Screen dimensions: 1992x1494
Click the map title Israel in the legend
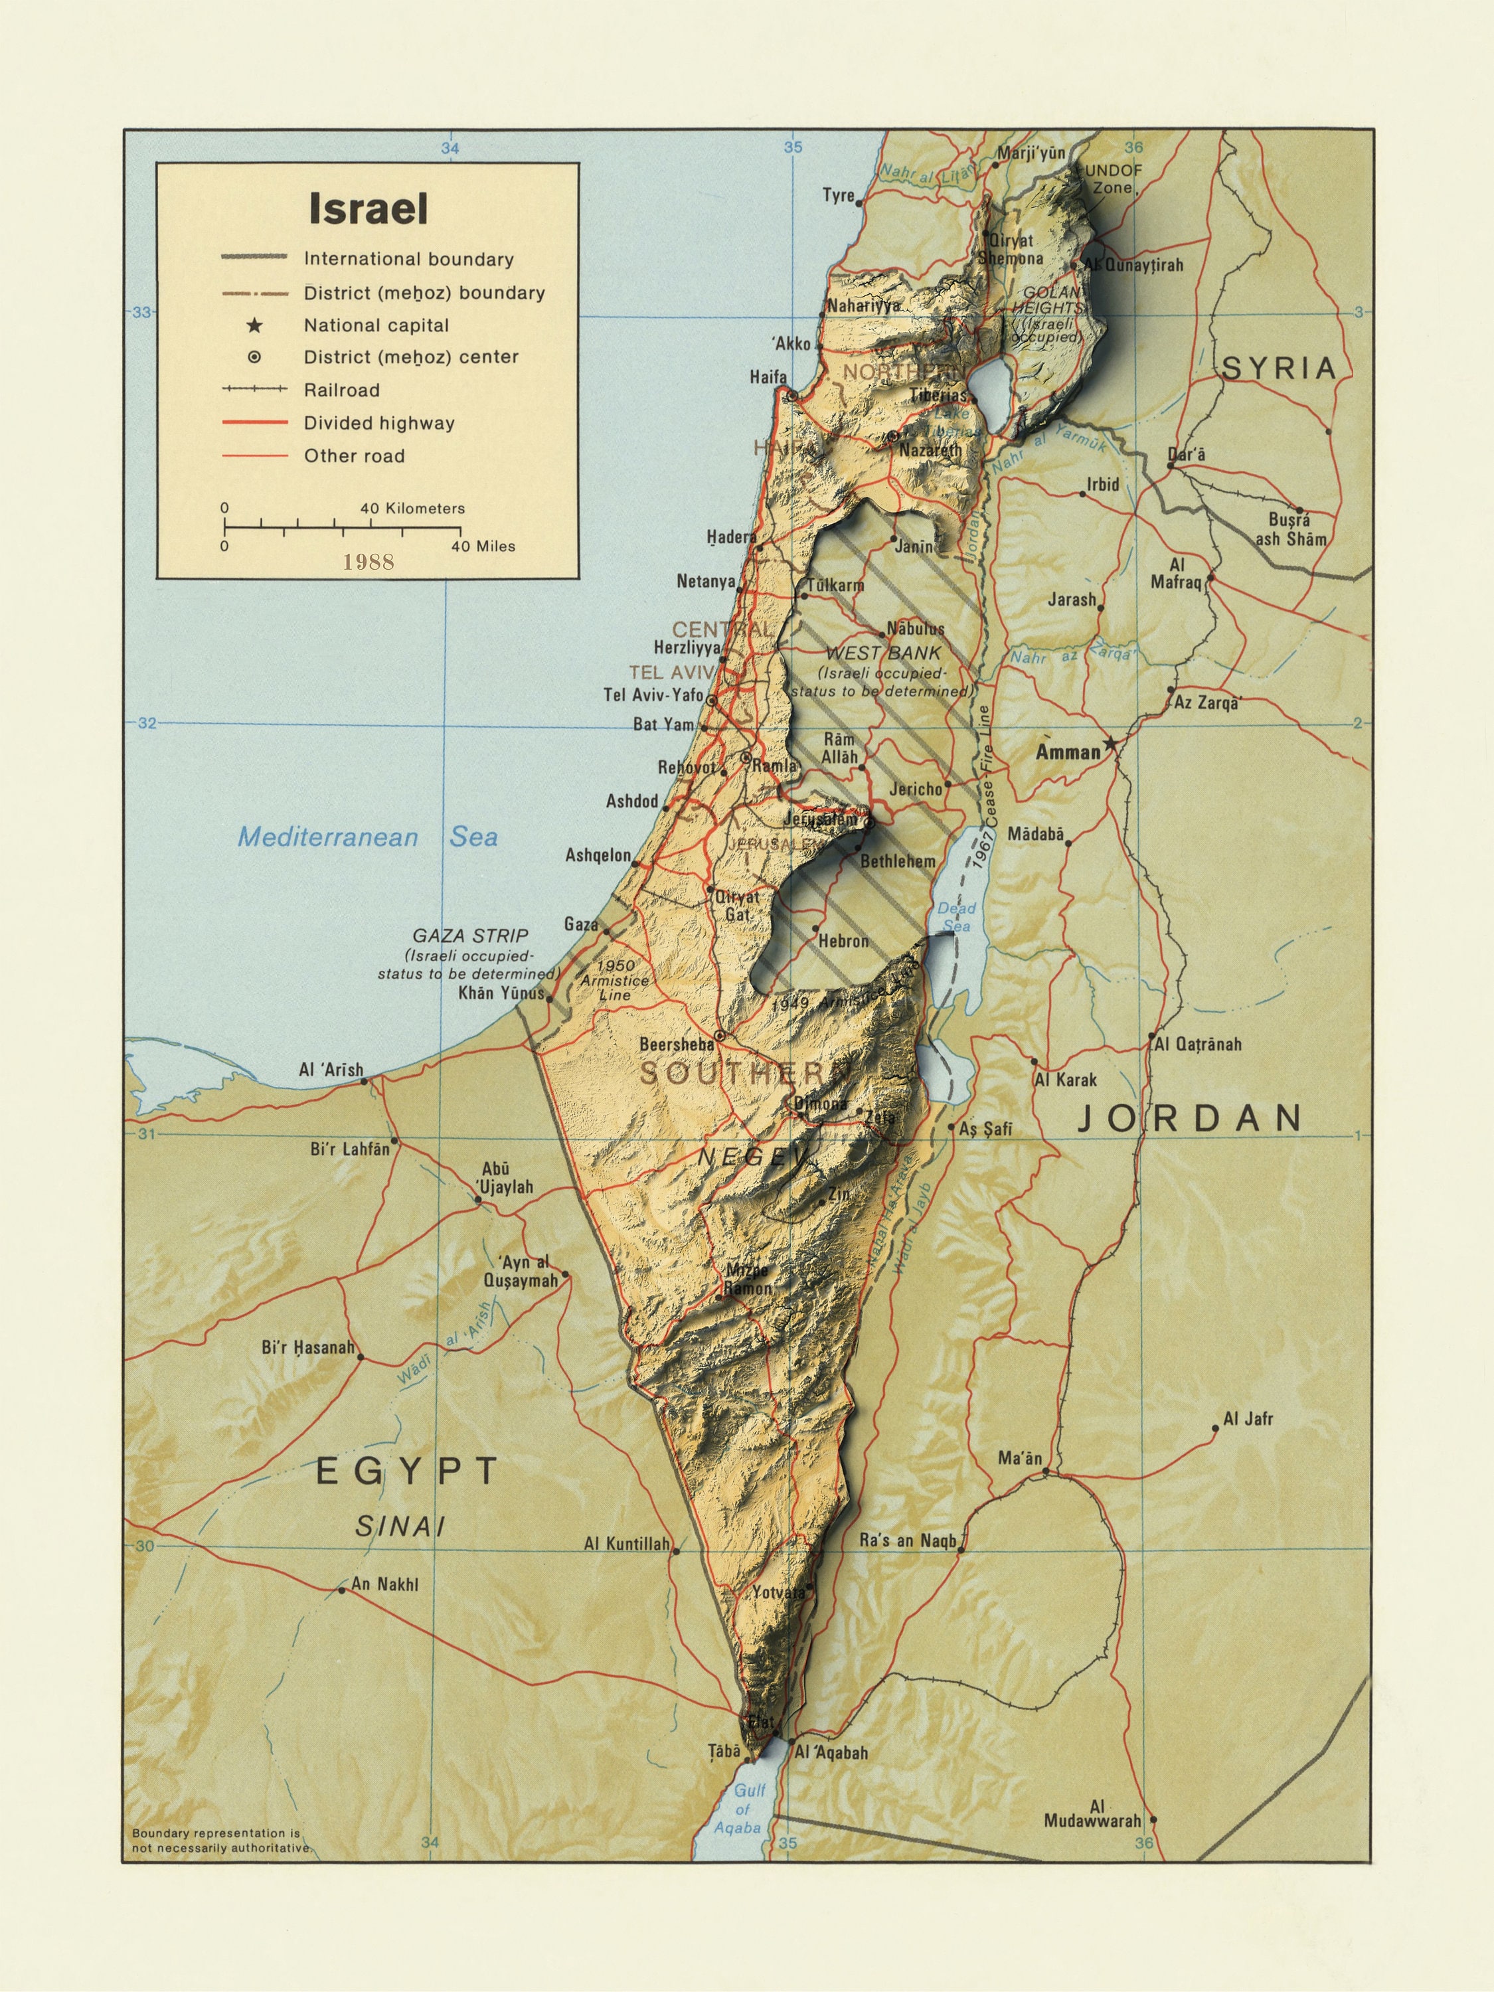pos(369,209)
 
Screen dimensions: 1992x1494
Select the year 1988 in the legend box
pos(369,562)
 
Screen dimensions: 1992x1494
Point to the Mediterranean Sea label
pos(367,837)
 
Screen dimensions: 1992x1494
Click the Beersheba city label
pos(677,1044)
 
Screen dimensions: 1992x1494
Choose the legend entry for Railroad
pos(341,390)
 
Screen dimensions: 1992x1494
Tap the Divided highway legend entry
pos(378,423)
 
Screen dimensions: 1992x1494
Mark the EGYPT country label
pos(407,1471)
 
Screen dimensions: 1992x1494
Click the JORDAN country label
pos(1191,1118)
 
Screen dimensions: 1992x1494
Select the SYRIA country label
pos(1279,369)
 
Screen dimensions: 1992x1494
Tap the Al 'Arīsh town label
pos(331,1070)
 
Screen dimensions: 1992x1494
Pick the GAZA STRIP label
pos(470,936)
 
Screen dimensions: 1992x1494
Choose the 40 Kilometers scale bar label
pos(412,509)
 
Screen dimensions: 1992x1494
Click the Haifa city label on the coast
pos(768,377)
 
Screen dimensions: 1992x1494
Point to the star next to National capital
pos(255,325)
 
